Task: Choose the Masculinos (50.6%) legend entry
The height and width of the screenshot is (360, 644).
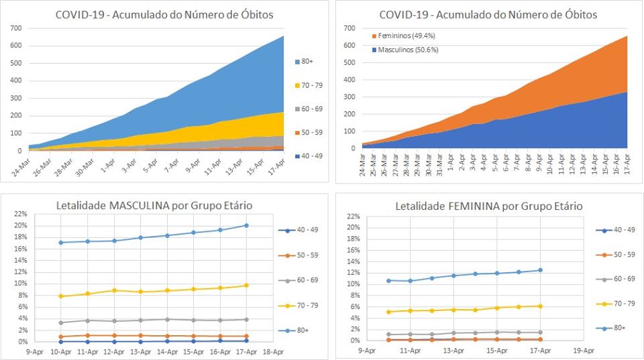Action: click(x=405, y=50)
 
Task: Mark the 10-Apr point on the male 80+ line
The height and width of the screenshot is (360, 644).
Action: click(x=61, y=243)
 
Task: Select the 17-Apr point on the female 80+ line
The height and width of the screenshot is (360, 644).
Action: click(x=540, y=270)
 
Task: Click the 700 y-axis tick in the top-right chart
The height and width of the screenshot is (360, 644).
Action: click(x=348, y=28)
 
